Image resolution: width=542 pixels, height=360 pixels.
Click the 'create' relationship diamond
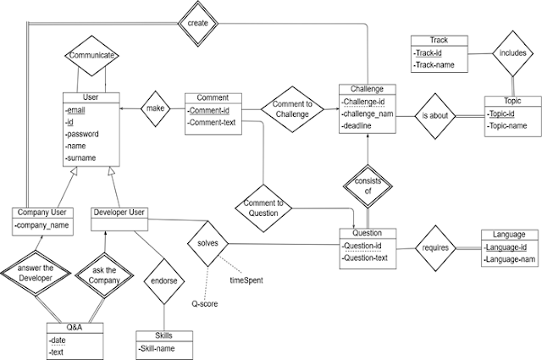[x=197, y=23]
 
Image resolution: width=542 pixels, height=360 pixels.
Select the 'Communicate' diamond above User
[x=91, y=55]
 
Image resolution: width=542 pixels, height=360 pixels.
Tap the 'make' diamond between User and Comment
[x=156, y=108]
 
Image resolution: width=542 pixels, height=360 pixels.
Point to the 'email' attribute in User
[x=76, y=110]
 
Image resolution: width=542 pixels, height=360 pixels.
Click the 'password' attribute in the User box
[x=82, y=134]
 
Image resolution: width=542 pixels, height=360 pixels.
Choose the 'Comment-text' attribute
[x=212, y=123]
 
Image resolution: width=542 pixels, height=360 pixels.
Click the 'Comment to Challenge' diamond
[x=292, y=109]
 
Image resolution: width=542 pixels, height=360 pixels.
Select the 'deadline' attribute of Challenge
[x=356, y=126]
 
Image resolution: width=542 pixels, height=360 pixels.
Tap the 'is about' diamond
[x=435, y=116]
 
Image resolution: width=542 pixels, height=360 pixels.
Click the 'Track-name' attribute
[x=434, y=65]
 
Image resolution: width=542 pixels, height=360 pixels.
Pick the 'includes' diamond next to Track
[x=512, y=53]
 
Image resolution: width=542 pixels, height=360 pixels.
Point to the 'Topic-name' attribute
[x=507, y=125]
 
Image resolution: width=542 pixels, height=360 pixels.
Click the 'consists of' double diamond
[x=368, y=186]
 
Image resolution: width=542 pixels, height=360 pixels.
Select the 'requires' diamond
[x=435, y=248]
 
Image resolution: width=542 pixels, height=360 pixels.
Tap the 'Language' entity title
[x=509, y=235]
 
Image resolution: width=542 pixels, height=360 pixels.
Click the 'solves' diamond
[x=207, y=243]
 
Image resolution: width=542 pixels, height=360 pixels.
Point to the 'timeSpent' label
[x=246, y=280]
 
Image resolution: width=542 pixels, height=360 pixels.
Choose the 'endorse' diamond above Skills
[x=164, y=281]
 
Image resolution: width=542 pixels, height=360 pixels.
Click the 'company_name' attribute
[x=41, y=225]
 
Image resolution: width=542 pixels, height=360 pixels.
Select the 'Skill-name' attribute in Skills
[x=156, y=349]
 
